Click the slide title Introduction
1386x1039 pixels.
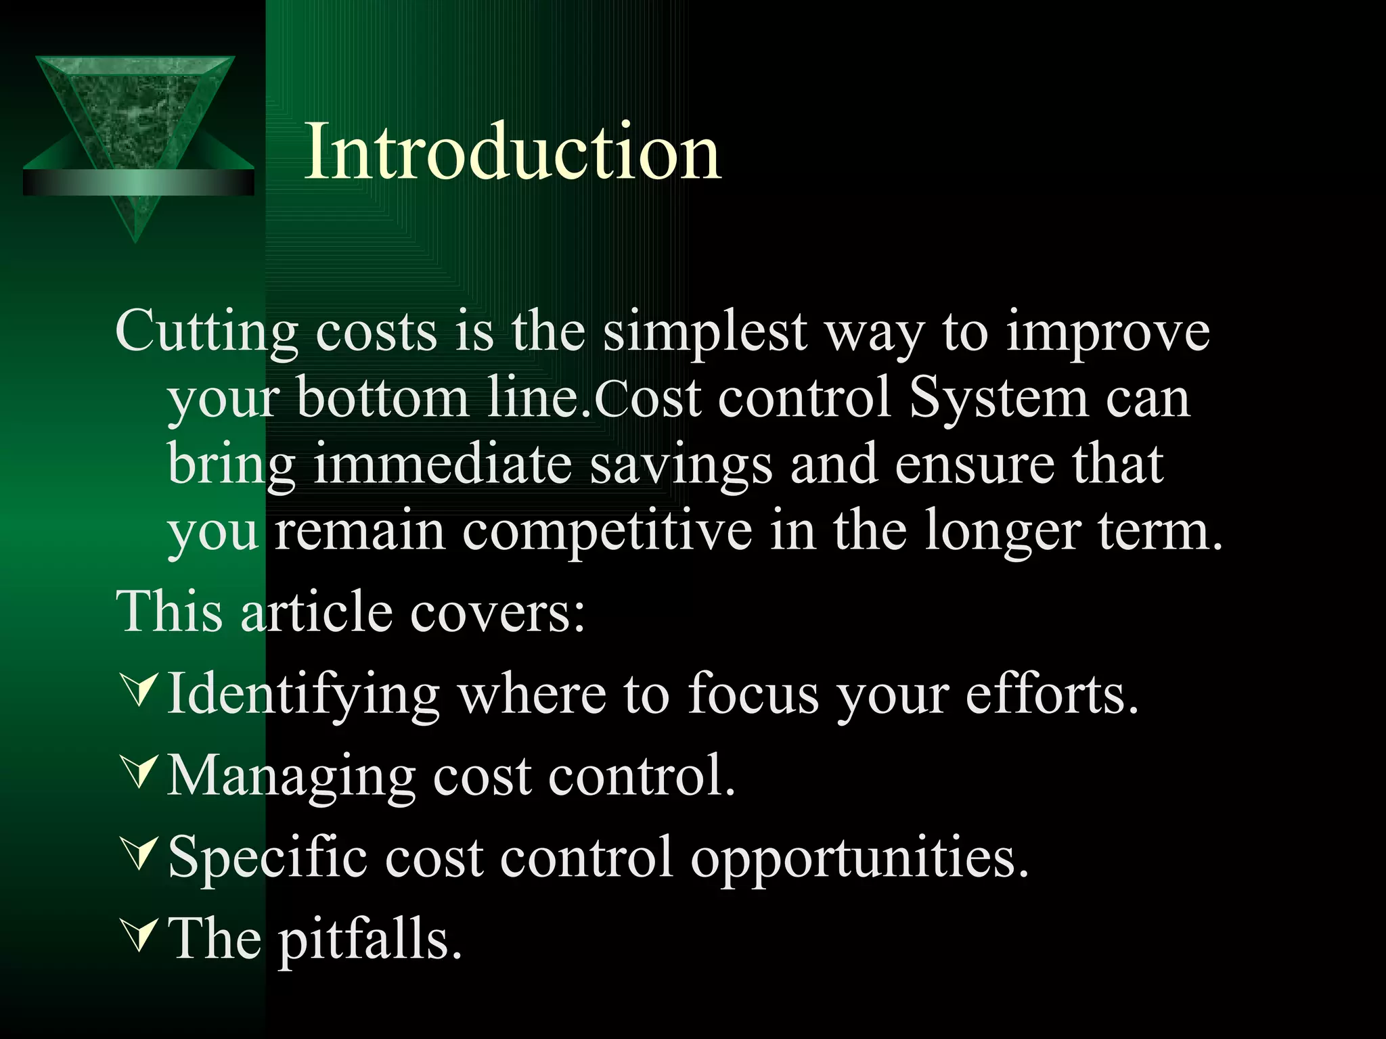click(x=512, y=152)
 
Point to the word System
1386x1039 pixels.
click(x=998, y=398)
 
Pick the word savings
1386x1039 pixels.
click(x=680, y=464)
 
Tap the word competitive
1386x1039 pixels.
click(x=607, y=531)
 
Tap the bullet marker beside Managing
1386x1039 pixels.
click(x=139, y=772)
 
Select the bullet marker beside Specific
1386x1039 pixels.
click(x=139, y=853)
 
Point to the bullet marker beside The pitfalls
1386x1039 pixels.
click(x=139, y=935)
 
